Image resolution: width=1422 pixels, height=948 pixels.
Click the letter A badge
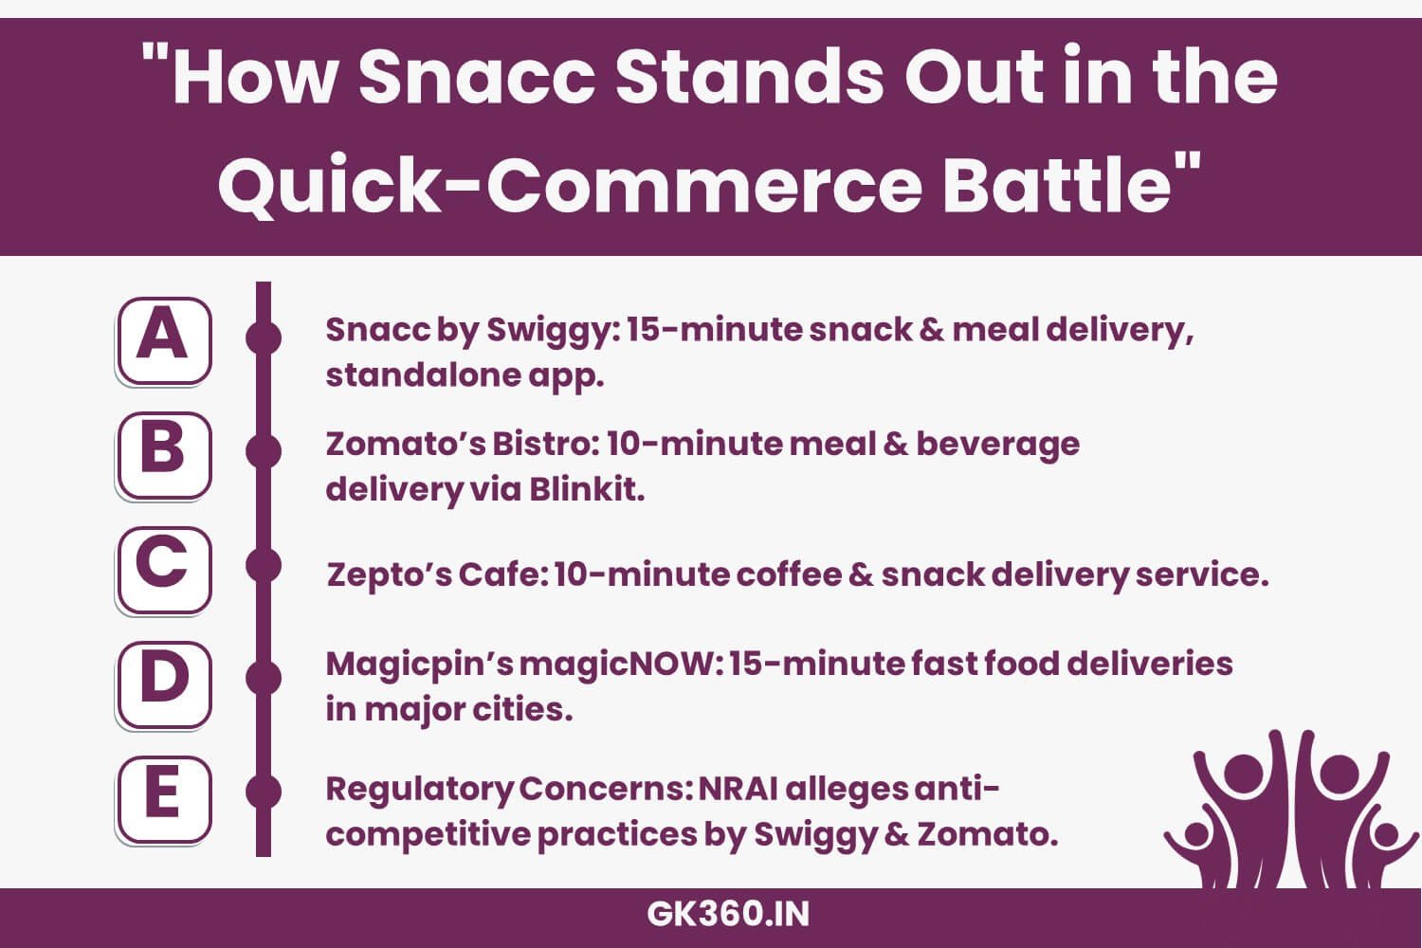coord(163,339)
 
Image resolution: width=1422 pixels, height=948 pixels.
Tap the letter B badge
coord(163,454)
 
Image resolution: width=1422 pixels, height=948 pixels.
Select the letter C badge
coord(163,569)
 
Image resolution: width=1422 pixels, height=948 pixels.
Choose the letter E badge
coord(163,799)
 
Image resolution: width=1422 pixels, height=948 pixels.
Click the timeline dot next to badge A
coord(264,337)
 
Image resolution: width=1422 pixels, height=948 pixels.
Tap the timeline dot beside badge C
coord(264,565)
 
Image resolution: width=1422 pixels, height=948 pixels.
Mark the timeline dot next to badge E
coord(264,792)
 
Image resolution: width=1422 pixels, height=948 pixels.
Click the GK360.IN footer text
coord(728,915)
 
